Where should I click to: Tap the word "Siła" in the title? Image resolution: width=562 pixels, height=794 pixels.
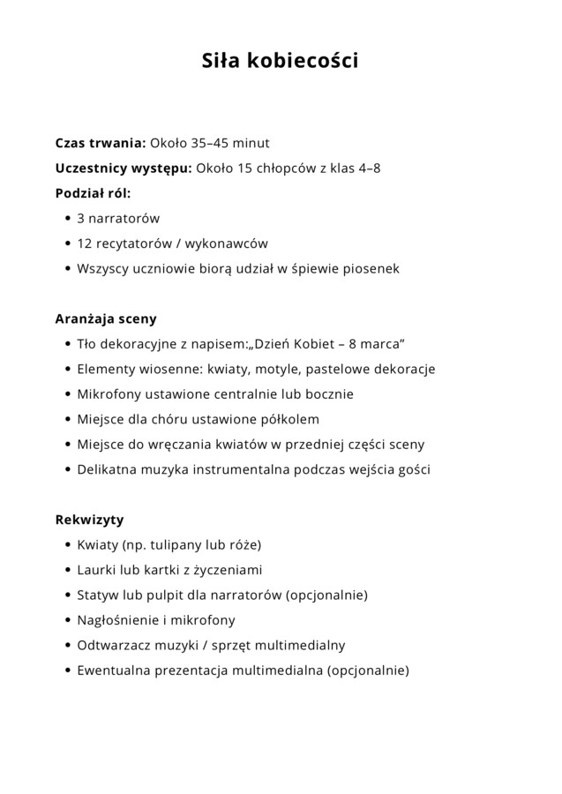[221, 62]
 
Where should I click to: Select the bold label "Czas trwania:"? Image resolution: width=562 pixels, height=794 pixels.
[101, 143]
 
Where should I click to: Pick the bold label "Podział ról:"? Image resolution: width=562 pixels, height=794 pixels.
[93, 192]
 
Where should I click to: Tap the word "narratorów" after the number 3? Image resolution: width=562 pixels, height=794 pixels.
[124, 218]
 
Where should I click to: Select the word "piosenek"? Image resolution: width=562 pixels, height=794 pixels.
[370, 267]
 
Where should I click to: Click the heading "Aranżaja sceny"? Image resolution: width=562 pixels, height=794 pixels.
[106, 318]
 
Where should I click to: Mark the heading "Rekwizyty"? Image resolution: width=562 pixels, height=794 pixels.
[89, 519]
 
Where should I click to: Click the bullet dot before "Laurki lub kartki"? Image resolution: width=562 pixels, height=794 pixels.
[68, 570]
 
